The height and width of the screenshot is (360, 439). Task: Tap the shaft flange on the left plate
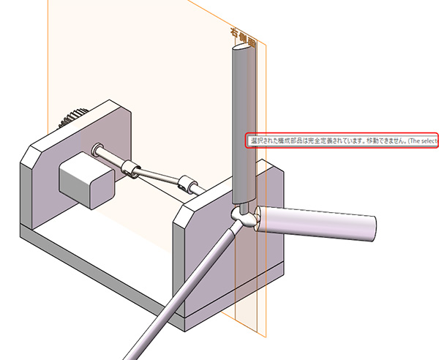pos(97,149)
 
